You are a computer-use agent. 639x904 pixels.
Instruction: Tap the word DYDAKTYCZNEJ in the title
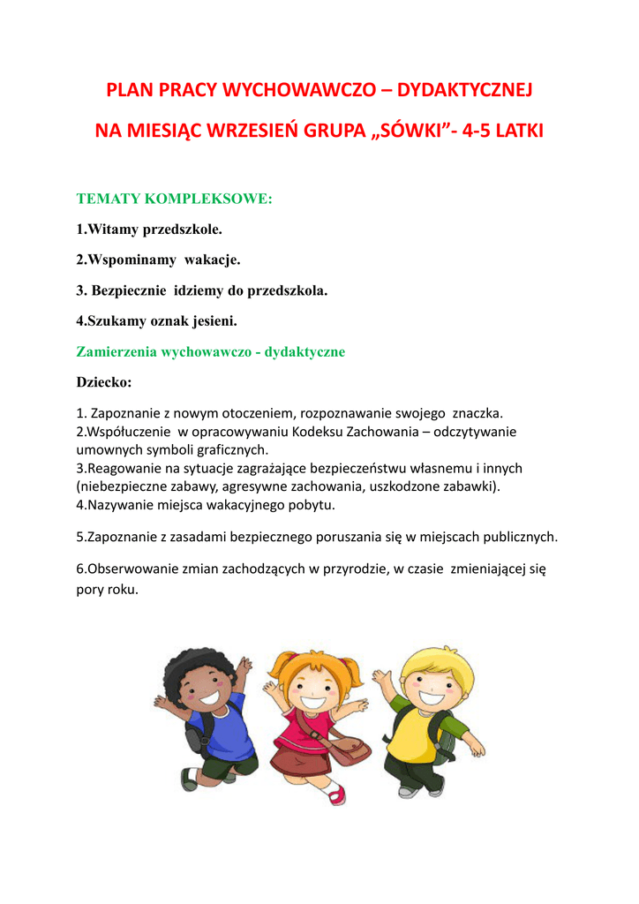point(465,91)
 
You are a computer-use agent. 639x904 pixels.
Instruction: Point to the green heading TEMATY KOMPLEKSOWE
point(175,199)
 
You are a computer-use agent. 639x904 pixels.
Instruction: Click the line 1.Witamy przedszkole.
point(149,229)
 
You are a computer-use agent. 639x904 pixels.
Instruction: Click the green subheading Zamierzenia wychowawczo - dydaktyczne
point(211,351)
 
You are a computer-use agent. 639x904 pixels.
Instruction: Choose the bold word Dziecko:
point(104,382)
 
